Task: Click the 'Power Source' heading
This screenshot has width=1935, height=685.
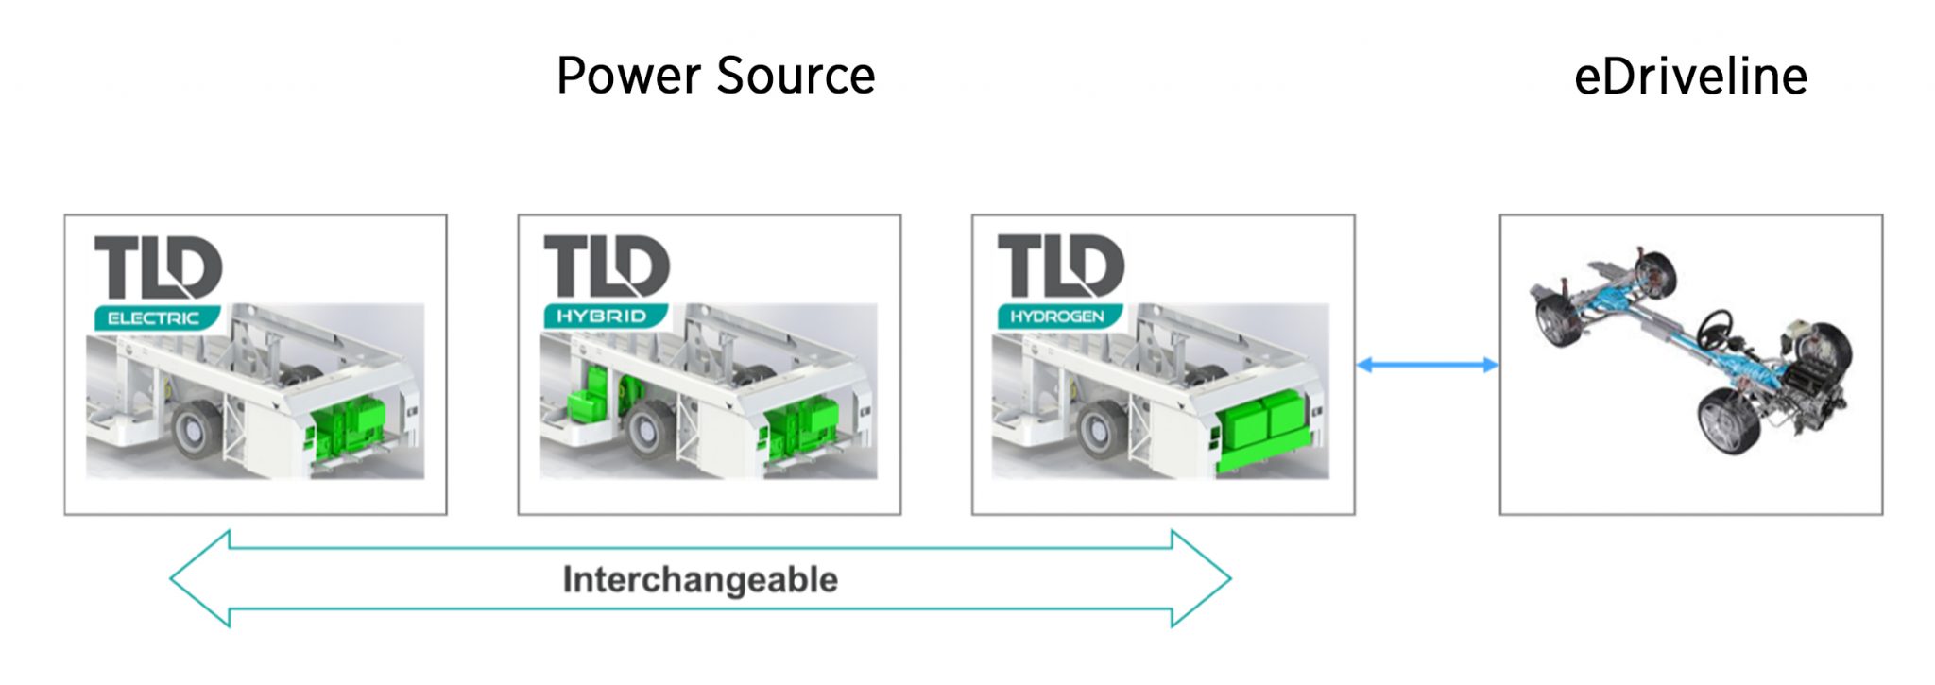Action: click(715, 76)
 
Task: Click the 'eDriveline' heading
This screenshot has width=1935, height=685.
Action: click(1690, 76)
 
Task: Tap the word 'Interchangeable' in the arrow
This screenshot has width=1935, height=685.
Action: click(700, 579)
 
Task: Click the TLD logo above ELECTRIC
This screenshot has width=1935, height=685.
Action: click(158, 266)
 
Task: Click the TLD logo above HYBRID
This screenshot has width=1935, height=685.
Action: click(607, 265)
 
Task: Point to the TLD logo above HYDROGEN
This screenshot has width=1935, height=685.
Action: click(1060, 265)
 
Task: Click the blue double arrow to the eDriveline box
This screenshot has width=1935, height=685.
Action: click(1427, 365)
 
